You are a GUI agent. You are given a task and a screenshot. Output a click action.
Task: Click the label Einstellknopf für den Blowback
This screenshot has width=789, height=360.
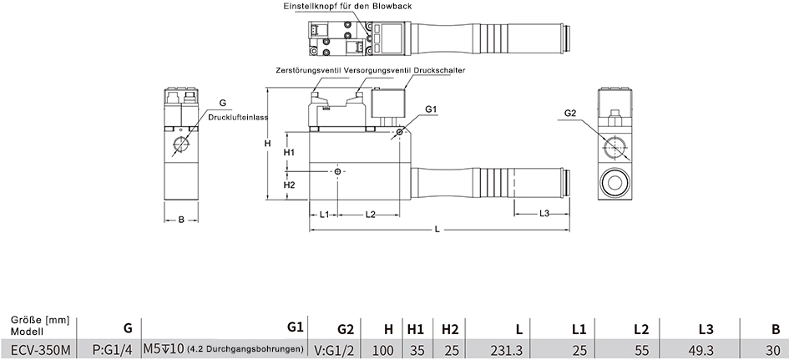[x=347, y=6]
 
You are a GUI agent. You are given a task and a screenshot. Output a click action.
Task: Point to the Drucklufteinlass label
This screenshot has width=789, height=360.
[x=237, y=117]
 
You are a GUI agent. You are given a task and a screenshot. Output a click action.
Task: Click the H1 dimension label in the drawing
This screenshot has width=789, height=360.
[x=289, y=152]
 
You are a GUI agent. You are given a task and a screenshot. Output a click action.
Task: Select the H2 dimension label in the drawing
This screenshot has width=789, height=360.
[x=289, y=185]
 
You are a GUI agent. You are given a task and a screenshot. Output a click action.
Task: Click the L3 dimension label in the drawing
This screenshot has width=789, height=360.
[x=544, y=214]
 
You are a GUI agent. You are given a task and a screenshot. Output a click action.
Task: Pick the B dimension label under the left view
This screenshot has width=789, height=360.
[x=181, y=220]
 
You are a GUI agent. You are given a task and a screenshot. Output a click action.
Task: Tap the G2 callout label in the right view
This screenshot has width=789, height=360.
[x=569, y=114]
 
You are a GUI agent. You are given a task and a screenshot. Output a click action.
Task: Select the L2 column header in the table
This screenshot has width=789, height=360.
[x=641, y=330]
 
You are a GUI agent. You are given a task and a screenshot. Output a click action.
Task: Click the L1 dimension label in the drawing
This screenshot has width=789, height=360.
[x=325, y=214]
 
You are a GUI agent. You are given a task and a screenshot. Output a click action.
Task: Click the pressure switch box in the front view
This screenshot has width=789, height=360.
[x=388, y=103]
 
